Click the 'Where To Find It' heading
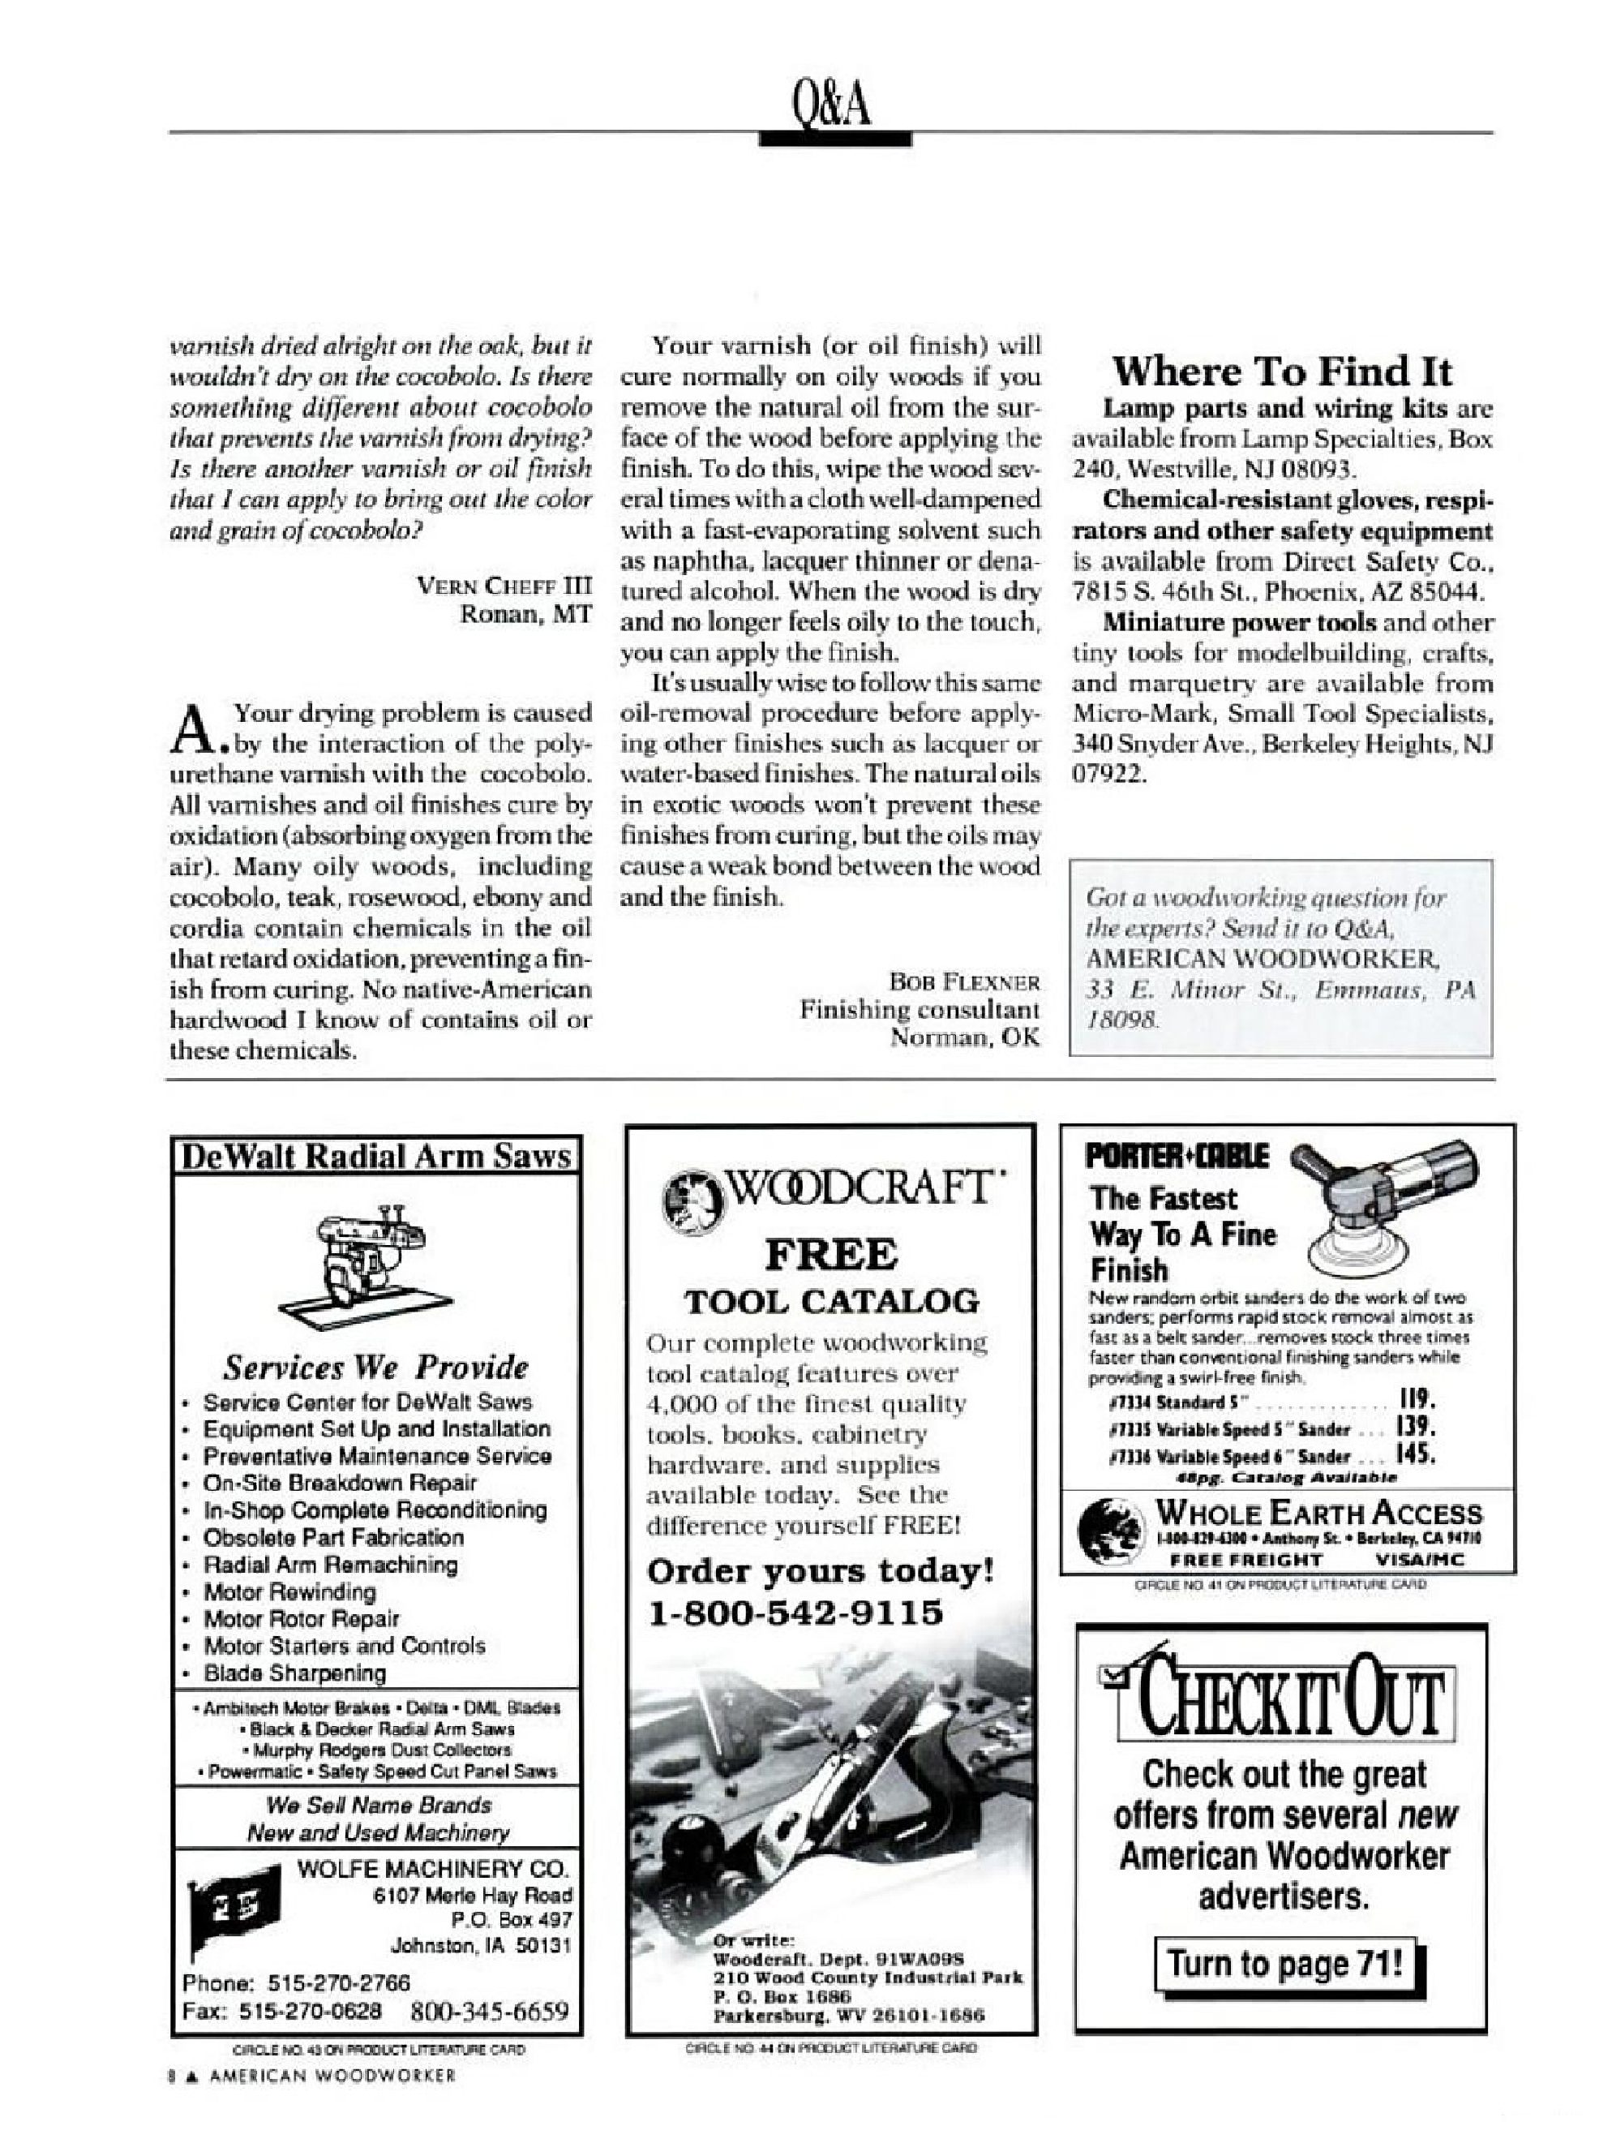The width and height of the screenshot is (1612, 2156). [1282, 372]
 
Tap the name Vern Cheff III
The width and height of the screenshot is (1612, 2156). [503, 586]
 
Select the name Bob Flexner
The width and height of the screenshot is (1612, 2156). [963, 981]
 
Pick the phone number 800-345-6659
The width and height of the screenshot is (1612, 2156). [489, 2012]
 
